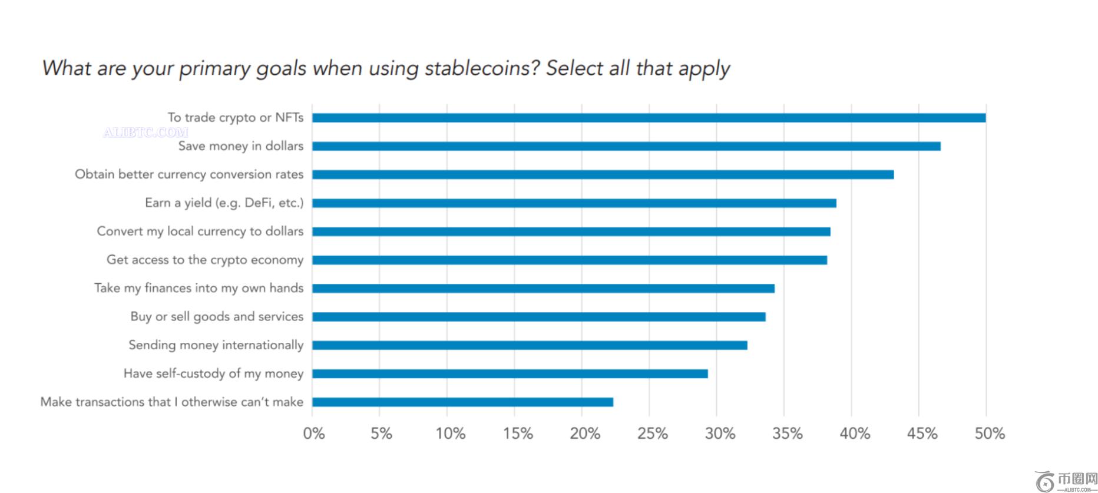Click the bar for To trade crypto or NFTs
coord(648,118)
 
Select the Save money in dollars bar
coord(626,146)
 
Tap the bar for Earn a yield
coord(574,203)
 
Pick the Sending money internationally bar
coord(529,345)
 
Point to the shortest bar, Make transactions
coord(462,402)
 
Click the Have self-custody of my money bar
coord(510,374)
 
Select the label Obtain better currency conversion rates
coord(189,174)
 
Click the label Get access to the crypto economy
coord(205,260)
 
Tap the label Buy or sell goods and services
coord(217,317)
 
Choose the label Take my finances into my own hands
coord(199,288)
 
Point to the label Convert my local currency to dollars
coord(200,231)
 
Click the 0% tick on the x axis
coord(313,434)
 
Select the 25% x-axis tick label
coord(652,434)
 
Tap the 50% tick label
coord(990,434)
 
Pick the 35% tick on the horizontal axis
coord(788,434)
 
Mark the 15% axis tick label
coord(518,434)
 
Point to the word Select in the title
coord(574,68)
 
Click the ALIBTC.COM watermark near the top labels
coord(145,133)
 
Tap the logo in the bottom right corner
coord(1066,481)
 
